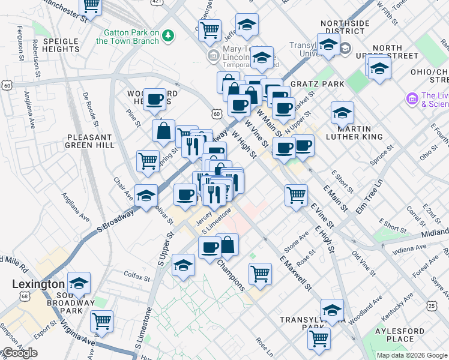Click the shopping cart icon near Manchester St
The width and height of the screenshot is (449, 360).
click(91, 6)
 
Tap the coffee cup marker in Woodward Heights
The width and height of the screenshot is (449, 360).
click(154, 100)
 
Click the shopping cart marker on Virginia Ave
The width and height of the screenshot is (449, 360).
click(101, 321)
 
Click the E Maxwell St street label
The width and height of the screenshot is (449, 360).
click(295, 272)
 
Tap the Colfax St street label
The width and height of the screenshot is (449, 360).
click(138, 278)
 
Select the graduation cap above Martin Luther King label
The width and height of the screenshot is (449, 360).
click(342, 112)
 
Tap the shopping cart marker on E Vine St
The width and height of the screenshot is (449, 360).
click(296, 194)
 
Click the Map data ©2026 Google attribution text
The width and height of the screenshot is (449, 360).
click(412, 355)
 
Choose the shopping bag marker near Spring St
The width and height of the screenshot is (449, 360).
click(163, 130)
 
